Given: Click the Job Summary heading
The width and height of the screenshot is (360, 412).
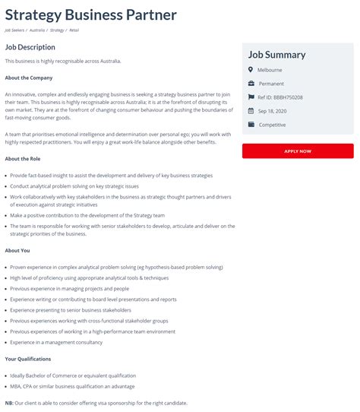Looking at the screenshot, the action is point(276,55).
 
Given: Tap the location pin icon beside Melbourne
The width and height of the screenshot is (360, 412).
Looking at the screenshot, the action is point(251,70).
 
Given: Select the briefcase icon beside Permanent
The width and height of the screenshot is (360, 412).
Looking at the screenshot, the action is point(251,84).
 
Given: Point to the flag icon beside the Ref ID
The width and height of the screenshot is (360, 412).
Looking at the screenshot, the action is point(251,97).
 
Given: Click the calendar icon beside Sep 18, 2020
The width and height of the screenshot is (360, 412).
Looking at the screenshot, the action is point(251,110).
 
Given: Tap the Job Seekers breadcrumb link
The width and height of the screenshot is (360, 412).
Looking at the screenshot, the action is point(15,30).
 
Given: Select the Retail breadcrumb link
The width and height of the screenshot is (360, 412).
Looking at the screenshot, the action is point(74,30).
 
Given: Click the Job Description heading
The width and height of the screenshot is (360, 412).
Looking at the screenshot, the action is point(30,47).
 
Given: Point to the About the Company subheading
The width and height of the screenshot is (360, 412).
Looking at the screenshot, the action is point(28,78).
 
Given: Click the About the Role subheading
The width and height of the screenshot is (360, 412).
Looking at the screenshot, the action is point(23,159).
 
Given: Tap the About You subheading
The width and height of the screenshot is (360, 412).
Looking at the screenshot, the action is point(17,250).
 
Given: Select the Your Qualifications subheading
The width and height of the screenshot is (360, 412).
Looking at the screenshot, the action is point(28,359).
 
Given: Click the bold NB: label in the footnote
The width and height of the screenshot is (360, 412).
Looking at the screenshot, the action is point(9,403).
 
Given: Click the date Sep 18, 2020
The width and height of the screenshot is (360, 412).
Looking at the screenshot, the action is point(272,110).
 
